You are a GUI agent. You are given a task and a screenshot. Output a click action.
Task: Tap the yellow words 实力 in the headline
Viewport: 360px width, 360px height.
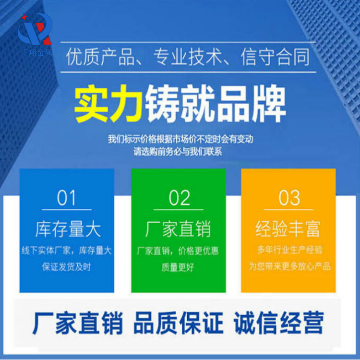108,105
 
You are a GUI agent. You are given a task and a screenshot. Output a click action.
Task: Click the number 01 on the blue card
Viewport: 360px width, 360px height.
66,198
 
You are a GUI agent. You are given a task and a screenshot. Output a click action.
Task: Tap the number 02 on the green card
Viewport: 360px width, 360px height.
180,198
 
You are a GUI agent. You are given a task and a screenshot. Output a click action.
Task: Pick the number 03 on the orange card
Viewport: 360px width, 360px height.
289,198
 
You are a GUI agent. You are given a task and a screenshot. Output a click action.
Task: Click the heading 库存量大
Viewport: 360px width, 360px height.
68,229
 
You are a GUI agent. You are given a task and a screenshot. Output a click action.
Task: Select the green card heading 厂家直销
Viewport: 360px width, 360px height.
178,229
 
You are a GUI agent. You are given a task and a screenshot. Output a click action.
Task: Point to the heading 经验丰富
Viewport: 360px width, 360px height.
288,229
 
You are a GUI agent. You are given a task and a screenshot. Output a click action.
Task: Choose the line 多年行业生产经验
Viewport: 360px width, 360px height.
289,250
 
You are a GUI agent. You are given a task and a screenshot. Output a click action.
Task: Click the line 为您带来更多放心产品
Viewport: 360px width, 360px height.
289,266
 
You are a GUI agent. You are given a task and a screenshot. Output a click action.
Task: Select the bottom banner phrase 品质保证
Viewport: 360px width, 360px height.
179,323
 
